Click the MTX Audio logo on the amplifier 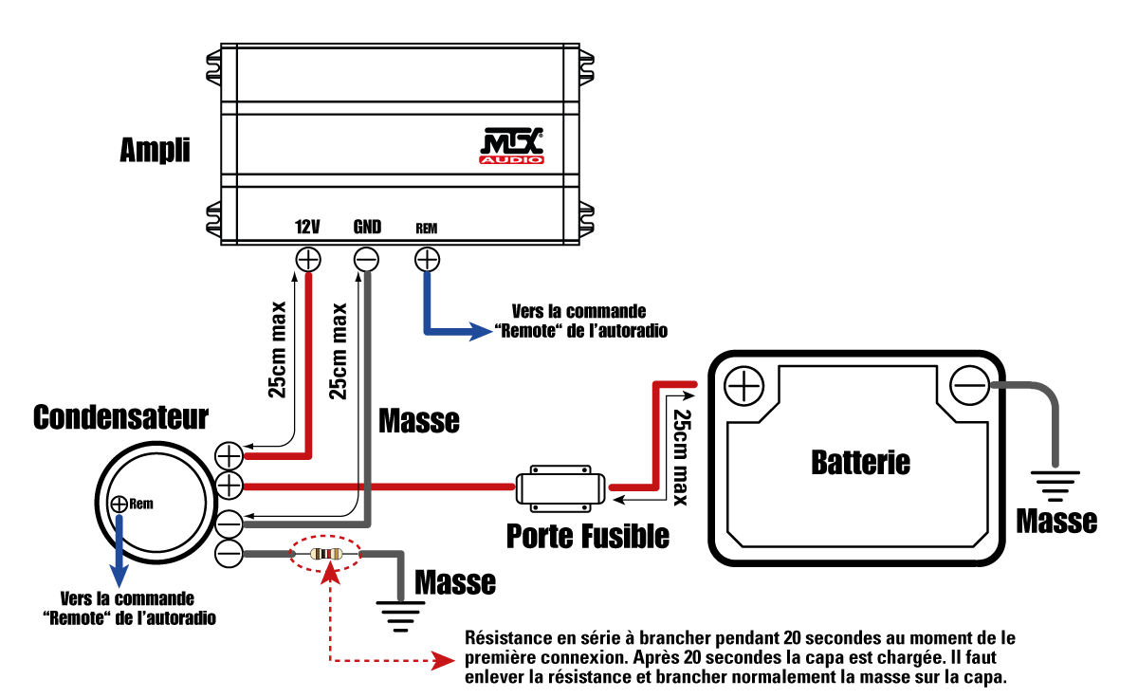click(x=512, y=148)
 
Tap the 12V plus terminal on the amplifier click(x=308, y=259)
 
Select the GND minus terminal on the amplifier click(x=366, y=259)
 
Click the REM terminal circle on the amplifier click(x=427, y=259)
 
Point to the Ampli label click(x=155, y=150)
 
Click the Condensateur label click(x=120, y=417)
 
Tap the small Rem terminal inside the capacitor click(x=119, y=504)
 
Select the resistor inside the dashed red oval click(x=327, y=553)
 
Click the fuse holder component click(x=560, y=488)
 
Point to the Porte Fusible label click(x=588, y=536)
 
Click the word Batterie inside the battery click(x=861, y=462)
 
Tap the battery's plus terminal click(x=744, y=386)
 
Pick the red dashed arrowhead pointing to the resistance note click(x=441, y=661)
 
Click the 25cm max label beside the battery click(x=681, y=447)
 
